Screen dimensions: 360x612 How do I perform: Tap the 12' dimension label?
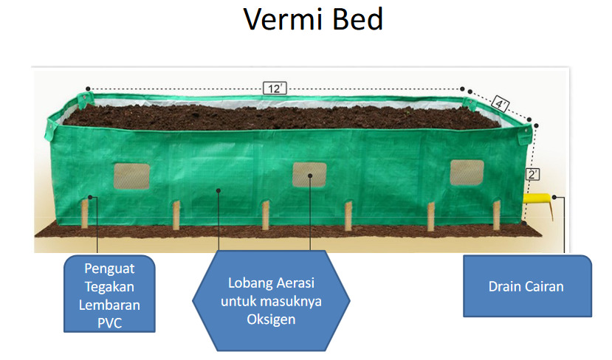click(274, 89)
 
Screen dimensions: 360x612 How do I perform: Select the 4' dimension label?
click(501, 105)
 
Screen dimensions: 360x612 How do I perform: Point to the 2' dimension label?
click(532, 174)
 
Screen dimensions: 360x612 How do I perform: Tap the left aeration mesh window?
click(131, 175)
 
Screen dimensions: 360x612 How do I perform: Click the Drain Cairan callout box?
click(527, 286)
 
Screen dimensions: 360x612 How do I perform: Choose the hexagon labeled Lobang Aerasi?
click(271, 301)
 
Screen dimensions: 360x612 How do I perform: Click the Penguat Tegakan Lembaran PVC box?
click(109, 294)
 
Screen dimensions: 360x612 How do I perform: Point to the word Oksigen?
click(271, 319)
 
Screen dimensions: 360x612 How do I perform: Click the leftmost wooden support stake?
click(85, 214)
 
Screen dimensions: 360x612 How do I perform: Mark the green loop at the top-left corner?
click(85, 99)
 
